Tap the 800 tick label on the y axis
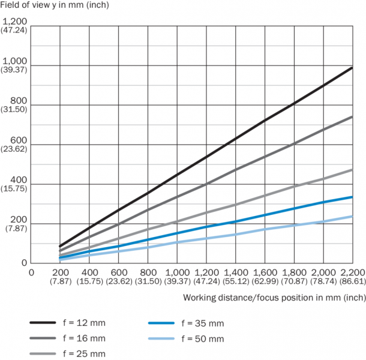pos(19,101)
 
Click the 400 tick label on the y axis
pos(19,179)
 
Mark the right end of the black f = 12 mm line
pos(352,68)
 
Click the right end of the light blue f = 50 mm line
pos(352,216)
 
